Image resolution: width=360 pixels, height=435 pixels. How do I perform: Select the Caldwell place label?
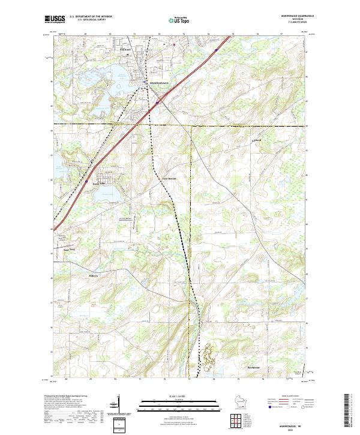pyautogui.click(x=257, y=141)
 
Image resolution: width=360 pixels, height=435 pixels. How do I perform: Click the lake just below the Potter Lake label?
pyautogui.click(x=107, y=194)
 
